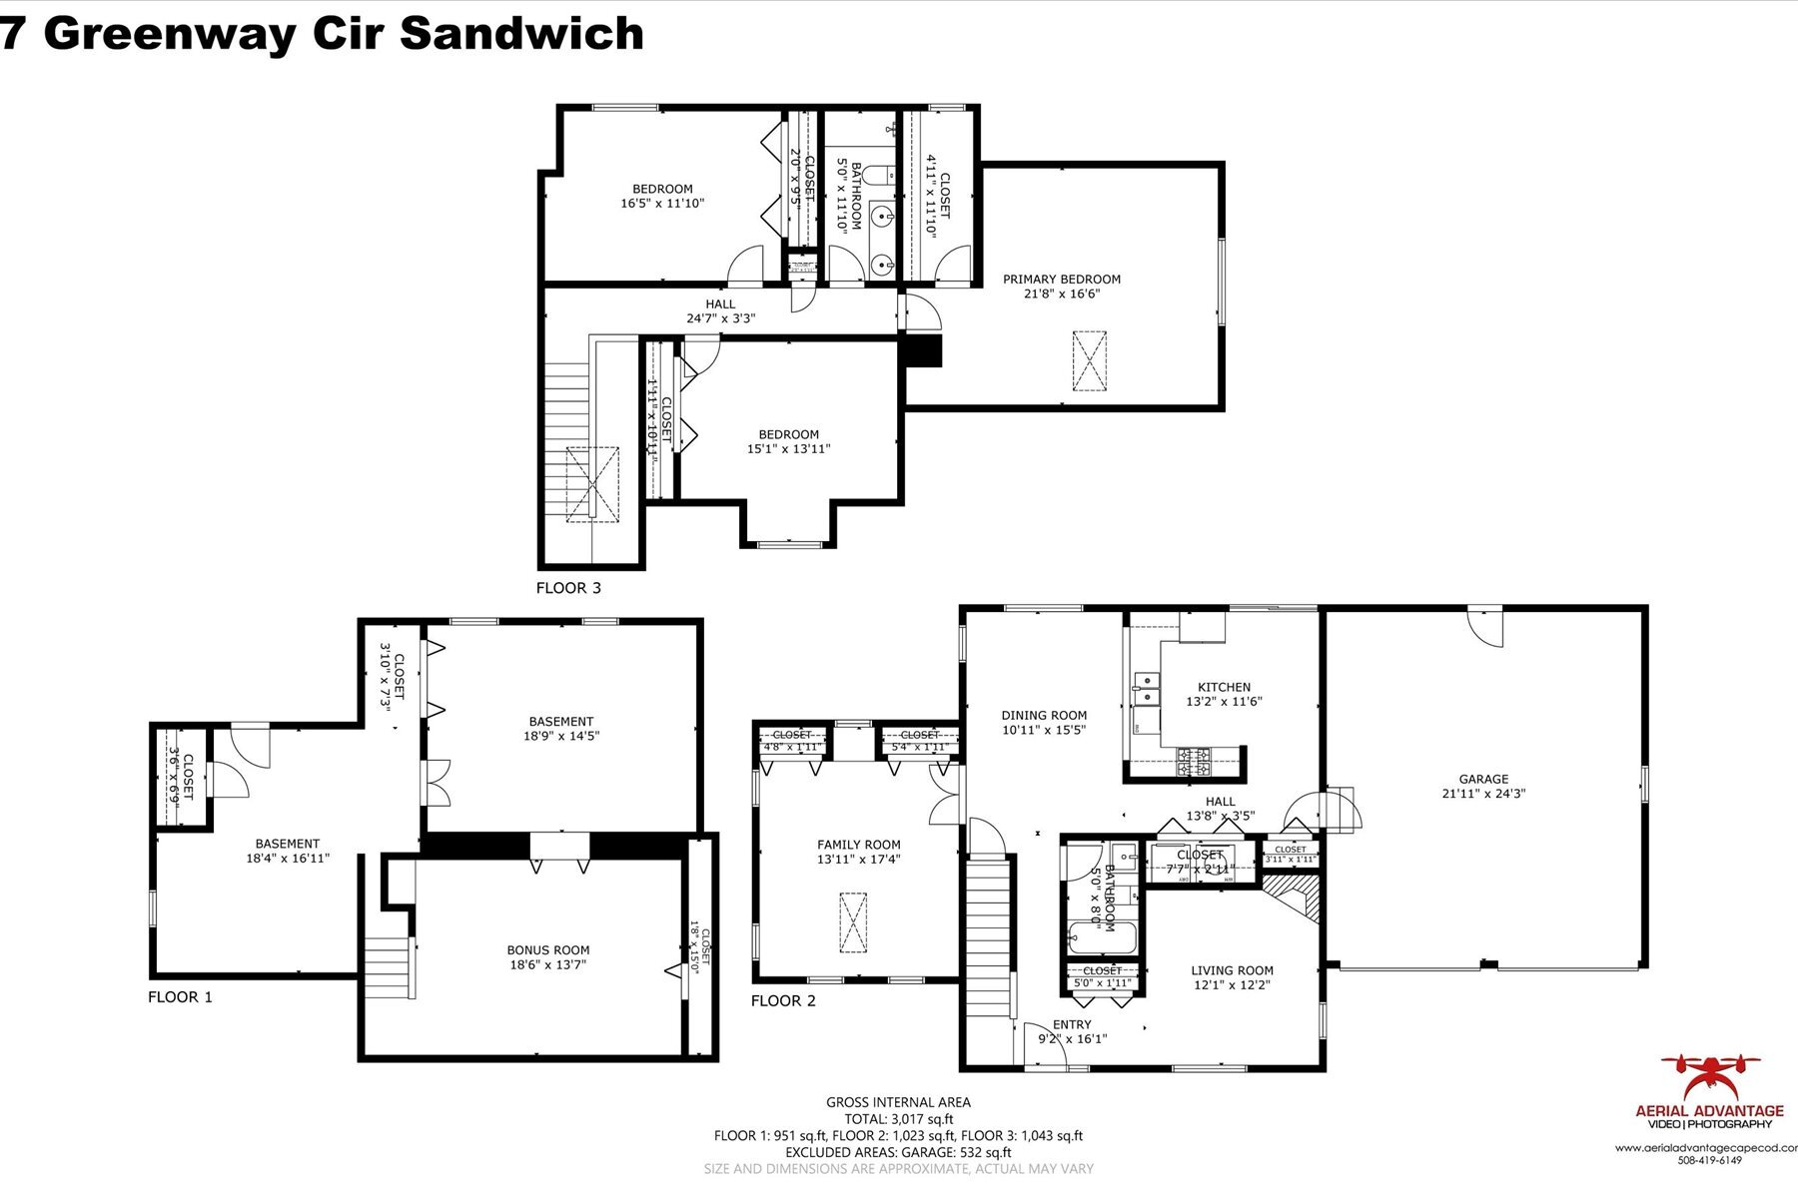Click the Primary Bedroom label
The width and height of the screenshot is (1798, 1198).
[1061, 280]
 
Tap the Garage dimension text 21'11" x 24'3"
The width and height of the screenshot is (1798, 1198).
[1483, 795]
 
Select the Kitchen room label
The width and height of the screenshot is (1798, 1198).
[1224, 687]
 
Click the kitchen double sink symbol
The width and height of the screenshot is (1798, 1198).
[1145, 687]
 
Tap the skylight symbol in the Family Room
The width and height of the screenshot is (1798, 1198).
[854, 922]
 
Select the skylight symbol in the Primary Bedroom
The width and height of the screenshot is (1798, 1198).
[1091, 360]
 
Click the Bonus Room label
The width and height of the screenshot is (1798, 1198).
[548, 950]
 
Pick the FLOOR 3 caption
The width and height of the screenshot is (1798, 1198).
[568, 588]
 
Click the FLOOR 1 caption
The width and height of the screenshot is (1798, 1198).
[180, 996]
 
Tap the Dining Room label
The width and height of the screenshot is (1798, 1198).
[1044, 715]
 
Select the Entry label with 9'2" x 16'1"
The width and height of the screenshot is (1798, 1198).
[1072, 1031]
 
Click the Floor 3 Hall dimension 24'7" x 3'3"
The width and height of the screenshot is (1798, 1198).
[720, 319]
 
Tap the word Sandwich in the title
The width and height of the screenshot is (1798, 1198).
[520, 32]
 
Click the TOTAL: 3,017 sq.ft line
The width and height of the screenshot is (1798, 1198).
[898, 1119]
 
